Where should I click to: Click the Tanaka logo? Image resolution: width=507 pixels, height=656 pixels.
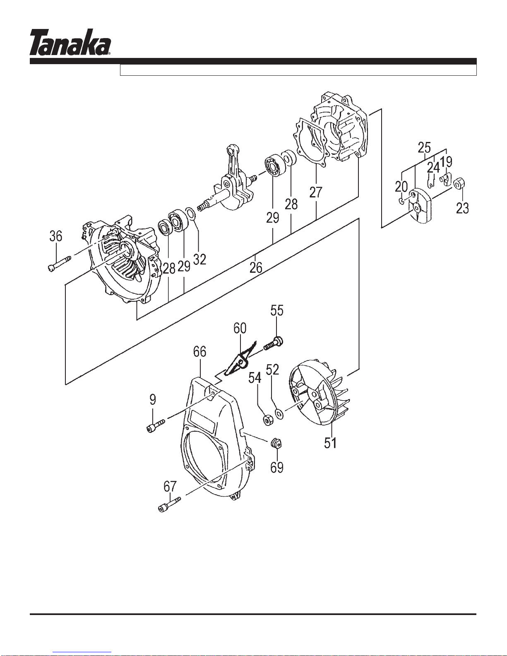[x=70, y=42]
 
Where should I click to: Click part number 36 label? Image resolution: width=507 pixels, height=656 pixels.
[x=56, y=236]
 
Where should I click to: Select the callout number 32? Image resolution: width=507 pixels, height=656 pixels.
[x=199, y=260]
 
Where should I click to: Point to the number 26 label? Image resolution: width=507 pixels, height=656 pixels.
[x=256, y=267]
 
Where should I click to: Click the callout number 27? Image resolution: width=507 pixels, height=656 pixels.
[x=316, y=192]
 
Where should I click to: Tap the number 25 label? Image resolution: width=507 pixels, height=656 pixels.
[x=424, y=148]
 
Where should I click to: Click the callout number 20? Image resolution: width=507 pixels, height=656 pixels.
[x=401, y=187]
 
